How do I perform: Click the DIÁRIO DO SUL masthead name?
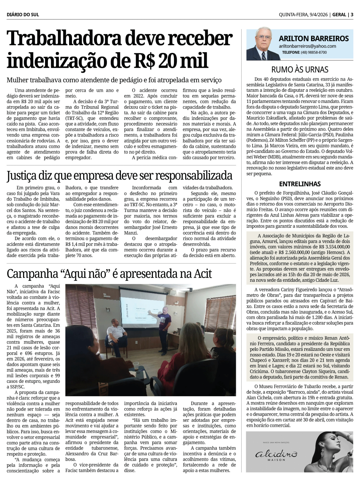pyautogui.click(x=23, y=15)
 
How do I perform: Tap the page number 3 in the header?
pyautogui.click(x=352, y=15)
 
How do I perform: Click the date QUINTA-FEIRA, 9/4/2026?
pyautogui.click(x=303, y=15)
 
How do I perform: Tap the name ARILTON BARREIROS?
pyautogui.click(x=314, y=39)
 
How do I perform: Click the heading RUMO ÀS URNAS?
pyautogui.click(x=300, y=69)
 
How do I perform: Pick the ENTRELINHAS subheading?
pyautogui.click(x=300, y=184)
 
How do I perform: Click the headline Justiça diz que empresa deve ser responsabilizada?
pyautogui.click(x=120, y=176)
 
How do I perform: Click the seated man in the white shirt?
pyautogui.click(x=117, y=333)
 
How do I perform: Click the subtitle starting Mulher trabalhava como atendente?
pyautogui.click(x=114, y=80)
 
